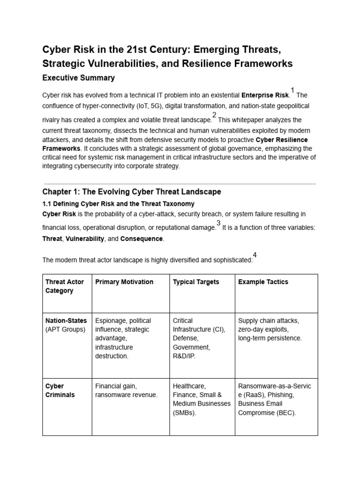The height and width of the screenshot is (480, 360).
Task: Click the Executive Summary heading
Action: (78, 78)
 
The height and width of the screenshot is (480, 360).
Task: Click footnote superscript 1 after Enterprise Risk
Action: (292, 90)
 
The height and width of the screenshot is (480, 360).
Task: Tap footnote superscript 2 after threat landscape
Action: (214, 115)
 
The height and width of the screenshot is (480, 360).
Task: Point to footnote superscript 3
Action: (218, 223)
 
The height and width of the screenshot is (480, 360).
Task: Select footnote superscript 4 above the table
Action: (255, 255)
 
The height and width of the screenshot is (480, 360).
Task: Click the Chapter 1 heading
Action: (132, 192)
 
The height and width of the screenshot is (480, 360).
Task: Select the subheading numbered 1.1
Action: (118, 204)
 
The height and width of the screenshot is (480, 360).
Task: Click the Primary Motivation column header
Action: (124, 282)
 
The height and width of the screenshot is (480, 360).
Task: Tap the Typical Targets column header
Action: (196, 282)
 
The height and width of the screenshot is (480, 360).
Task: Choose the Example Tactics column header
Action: (263, 282)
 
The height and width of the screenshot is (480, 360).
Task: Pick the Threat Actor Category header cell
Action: (65, 286)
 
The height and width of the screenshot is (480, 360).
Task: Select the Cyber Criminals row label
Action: (60, 390)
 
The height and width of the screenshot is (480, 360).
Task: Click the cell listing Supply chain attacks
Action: (270, 329)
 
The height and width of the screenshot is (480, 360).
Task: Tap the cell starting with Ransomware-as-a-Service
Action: (275, 399)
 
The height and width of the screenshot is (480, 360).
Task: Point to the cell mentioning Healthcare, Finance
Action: (202, 399)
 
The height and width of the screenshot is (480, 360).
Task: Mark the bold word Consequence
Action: (142, 239)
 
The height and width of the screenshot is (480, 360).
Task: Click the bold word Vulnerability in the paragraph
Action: (85, 239)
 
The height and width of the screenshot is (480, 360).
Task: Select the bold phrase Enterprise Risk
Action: (265, 95)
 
